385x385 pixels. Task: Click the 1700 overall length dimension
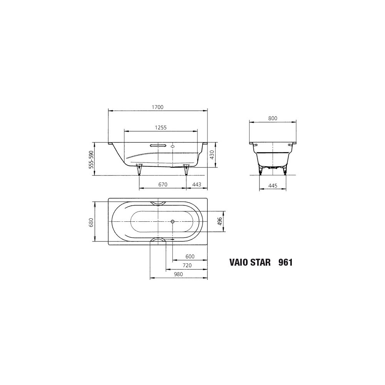click(157, 107)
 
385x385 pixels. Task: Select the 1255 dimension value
click(161, 127)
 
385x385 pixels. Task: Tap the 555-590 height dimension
click(91, 159)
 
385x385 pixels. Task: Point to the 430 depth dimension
click(212, 155)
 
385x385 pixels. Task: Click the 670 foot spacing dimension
click(162, 184)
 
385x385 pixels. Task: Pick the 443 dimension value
click(197, 184)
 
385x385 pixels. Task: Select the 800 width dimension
click(273, 118)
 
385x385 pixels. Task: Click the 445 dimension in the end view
click(273, 186)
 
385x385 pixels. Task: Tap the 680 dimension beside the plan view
click(91, 222)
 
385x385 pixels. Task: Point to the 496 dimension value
click(220, 221)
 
